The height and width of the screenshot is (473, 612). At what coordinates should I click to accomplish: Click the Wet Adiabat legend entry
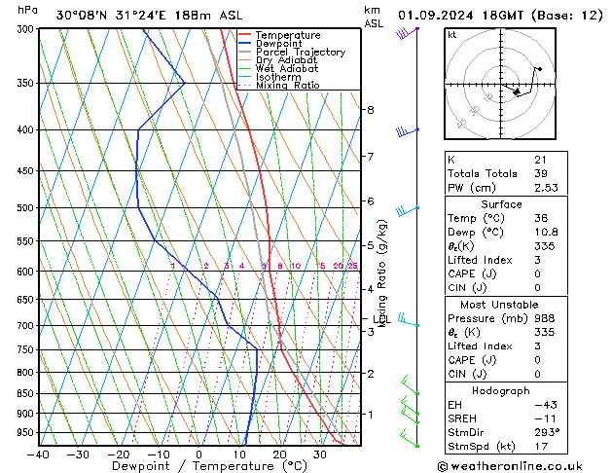pyautogui.click(x=285, y=69)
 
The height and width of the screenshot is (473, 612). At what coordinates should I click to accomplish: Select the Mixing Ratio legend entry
pyautogui.click(x=287, y=86)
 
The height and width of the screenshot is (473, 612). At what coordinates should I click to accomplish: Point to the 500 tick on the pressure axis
pyautogui.click(x=25, y=208)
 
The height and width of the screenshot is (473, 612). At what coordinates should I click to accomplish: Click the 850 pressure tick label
pyautogui.click(x=25, y=394)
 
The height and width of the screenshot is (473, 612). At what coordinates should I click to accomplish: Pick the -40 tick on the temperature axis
pyautogui.click(x=39, y=455)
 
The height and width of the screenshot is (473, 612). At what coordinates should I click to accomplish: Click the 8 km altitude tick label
pyautogui.click(x=370, y=110)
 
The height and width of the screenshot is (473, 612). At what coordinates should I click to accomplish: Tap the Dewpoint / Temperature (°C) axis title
pyautogui.click(x=198, y=467)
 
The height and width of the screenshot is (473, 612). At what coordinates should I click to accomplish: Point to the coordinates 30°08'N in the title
pyautogui.click(x=82, y=16)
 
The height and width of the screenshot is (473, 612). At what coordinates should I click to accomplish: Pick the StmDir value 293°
pyautogui.click(x=546, y=431)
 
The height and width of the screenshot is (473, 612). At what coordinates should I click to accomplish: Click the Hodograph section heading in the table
pyautogui.click(x=501, y=390)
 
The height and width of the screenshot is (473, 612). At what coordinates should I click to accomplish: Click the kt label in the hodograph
pyautogui.click(x=451, y=34)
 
